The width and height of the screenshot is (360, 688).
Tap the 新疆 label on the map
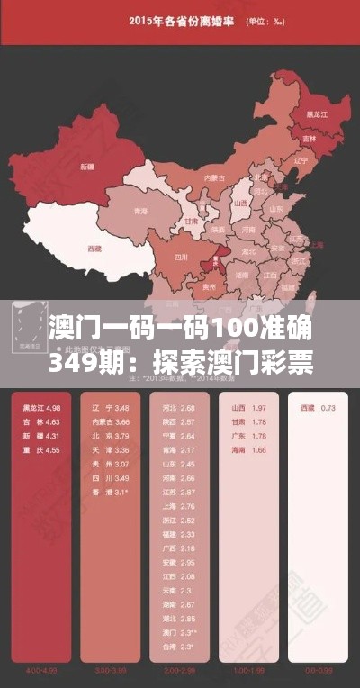pos(86,167)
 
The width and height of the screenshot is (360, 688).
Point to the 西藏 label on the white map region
pos(93,247)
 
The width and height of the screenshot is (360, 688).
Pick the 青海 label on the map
pos(139,212)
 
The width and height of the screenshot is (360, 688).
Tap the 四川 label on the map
pos(179,257)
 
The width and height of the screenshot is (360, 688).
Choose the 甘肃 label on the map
pos(191,221)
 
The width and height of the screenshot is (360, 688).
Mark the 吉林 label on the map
pos(310,140)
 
